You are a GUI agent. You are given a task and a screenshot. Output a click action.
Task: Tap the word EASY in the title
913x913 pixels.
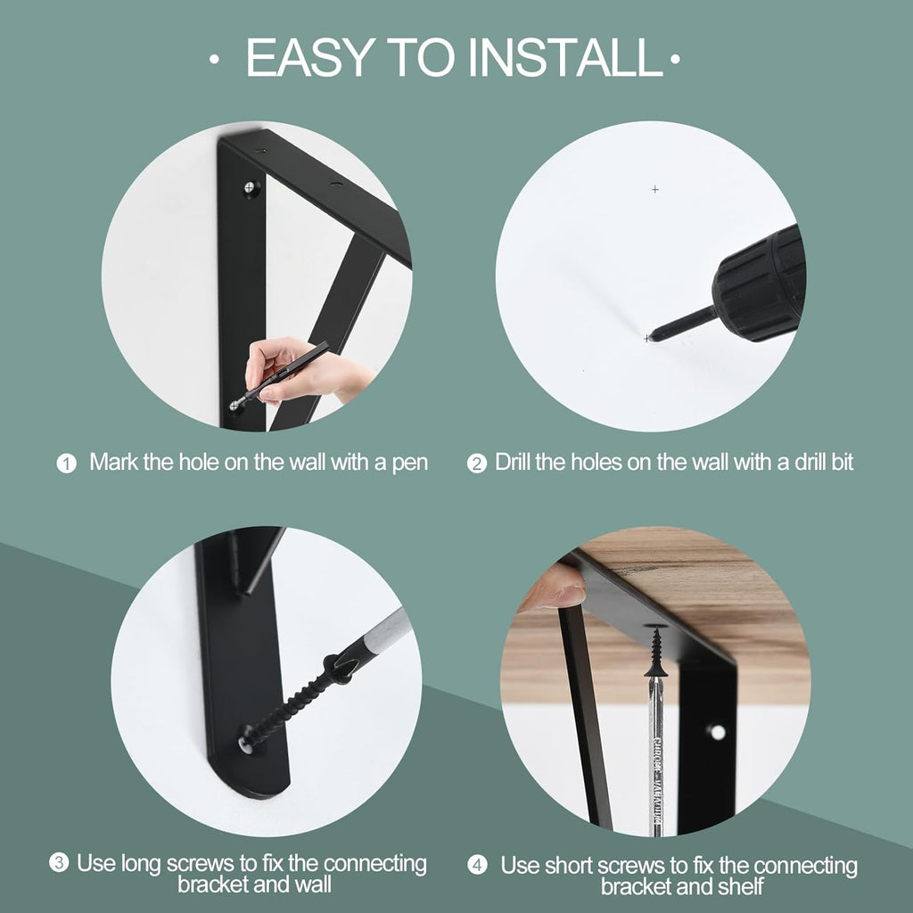point(308,57)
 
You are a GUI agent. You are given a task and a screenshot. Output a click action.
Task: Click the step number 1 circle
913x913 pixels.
point(67,464)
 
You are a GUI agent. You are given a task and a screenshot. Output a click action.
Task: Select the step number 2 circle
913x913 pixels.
point(478,464)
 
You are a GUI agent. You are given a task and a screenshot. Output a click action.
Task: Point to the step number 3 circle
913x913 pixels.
point(59,863)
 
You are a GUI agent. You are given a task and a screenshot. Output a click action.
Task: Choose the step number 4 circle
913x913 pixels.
point(478,865)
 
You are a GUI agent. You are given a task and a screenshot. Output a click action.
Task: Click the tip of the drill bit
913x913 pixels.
point(648,337)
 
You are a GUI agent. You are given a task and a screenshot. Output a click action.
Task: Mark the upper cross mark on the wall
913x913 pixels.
point(655,189)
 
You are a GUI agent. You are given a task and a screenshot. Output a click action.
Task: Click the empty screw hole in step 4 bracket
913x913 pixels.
point(716,732)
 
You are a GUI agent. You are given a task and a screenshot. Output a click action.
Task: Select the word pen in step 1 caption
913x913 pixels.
point(409,463)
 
